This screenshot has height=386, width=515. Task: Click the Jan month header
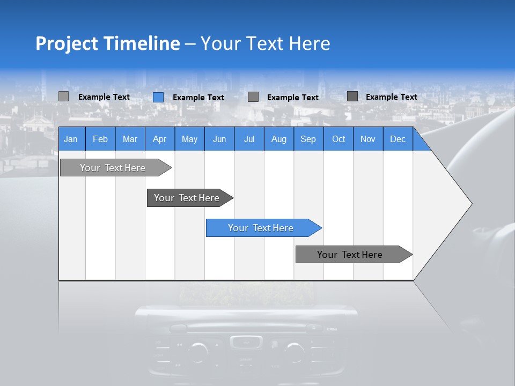(x=71, y=139)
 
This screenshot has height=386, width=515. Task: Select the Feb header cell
(x=100, y=139)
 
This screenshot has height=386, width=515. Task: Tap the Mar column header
(x=130, y=139)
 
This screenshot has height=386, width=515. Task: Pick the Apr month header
(x=160, y=139)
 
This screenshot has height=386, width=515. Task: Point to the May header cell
(x=189, y=139)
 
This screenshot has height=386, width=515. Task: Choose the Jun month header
(x=219, y=139)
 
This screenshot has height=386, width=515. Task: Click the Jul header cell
(x=249, y=139)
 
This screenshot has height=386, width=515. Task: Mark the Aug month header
(x=279, y=139)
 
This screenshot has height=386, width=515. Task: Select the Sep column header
(x=308, y=139)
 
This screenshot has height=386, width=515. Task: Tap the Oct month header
(x=339, y=139)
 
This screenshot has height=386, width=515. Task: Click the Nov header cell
(x=368, y=139)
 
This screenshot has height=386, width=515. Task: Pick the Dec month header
(x=398, y=139)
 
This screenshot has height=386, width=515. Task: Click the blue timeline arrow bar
(x=261, y=228)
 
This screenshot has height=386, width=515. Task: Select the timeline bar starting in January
(x=113, y=168)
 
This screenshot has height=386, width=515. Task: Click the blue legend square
(x=158, y=97)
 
